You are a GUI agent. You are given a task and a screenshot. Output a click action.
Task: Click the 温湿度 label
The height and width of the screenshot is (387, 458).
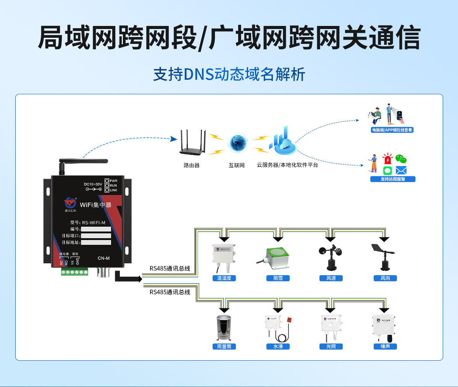point(224,278)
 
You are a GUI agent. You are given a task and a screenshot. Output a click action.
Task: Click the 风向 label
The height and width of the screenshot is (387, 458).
point(385,278)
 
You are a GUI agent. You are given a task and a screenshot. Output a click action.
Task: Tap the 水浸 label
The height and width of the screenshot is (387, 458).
point(278,347)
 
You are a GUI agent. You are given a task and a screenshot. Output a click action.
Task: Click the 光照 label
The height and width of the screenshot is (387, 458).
point(331,347)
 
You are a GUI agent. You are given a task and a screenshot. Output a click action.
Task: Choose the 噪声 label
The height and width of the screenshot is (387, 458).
point(385,347)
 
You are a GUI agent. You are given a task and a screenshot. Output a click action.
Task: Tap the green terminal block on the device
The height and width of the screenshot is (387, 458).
point(74,272)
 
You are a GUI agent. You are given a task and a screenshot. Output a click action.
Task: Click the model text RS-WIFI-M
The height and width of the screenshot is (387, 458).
point(94,223)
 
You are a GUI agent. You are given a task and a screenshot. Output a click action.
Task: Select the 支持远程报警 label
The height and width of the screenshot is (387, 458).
point(393,179)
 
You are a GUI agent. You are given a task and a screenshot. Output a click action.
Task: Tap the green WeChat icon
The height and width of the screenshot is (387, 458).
point(400,159)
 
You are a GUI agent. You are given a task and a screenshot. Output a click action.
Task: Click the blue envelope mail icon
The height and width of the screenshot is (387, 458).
point(401,170)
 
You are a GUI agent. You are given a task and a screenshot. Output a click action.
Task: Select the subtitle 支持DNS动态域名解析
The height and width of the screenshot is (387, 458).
point(229,74)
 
